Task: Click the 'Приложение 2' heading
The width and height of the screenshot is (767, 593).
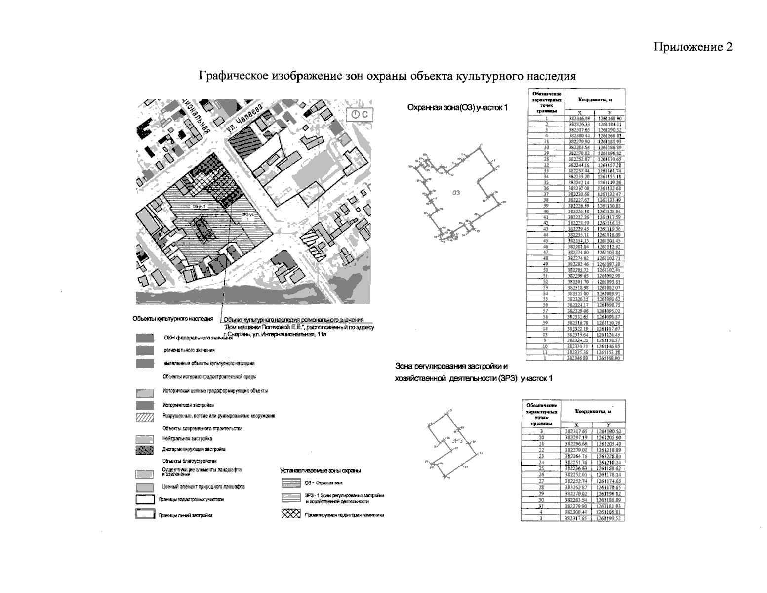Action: [693, 47]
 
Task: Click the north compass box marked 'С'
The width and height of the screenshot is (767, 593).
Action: [362, 115]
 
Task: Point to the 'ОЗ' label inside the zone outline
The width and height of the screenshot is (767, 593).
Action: [456, 193]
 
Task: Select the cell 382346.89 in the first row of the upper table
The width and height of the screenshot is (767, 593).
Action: [579, 119]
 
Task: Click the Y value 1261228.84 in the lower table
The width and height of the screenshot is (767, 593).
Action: [608, 456]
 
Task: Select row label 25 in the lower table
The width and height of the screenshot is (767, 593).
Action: [541, 468]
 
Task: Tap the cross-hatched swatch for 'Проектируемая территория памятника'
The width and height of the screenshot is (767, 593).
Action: [290, 514]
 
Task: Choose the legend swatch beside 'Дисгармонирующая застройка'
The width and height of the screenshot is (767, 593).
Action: [144, 450]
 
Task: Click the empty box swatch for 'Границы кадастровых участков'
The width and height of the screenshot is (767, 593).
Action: [144, 500]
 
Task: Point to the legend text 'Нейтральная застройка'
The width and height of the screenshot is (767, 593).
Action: [187, 439]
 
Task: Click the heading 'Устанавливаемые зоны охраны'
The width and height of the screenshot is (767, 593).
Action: [320, 470]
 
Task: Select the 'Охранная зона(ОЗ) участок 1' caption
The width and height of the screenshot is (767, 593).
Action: [457, 108]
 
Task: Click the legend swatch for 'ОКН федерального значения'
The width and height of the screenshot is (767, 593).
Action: [144, 339]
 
